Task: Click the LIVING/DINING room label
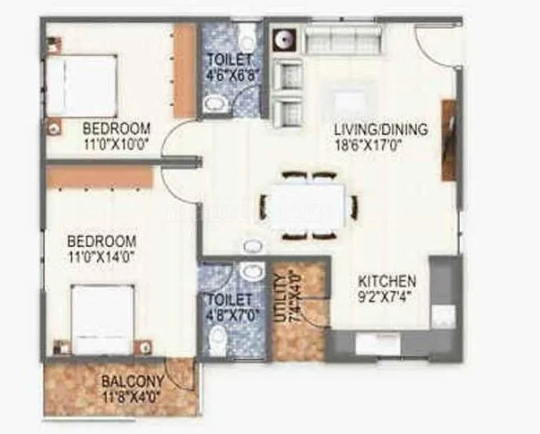pyautogui.click(x=380, y=129)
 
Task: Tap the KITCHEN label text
pyautogui.click(x=388, y=281)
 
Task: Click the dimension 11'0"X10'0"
pyautogui.click(x=117, y=143)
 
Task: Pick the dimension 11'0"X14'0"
pyautogui.click(x=101, y=256)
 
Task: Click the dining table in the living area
pyautogui.click(x=307, y=204)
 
